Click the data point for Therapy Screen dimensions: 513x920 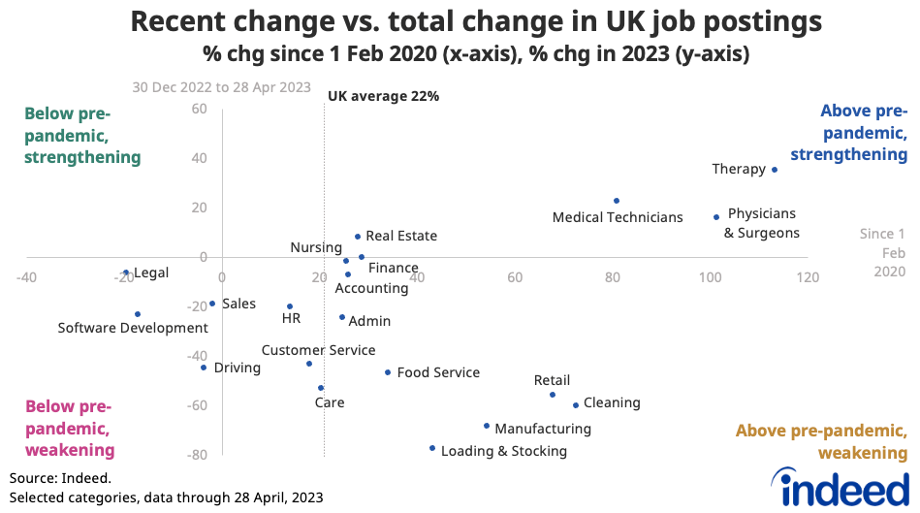[x=774, y=170]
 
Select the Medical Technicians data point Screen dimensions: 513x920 [x=616, y=201]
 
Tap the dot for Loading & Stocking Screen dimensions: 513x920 [x=432, y=448]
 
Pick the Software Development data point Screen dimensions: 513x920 [x=138, y=314]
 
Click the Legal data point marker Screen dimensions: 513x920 [x=126, y=273]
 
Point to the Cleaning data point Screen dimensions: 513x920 [x=576, y=405]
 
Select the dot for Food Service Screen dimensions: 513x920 [x=388, y=372]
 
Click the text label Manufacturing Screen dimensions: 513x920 [x=543, y=429]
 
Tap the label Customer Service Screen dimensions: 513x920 [x=318, y=351]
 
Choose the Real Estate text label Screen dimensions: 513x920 [x=401, y=236]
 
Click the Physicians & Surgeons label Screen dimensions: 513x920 [x=762, y=223]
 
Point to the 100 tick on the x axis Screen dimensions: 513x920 [x=710, y=277]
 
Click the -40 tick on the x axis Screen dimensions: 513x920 [x=26, y=277]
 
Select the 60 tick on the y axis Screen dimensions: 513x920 [x=200, y=109]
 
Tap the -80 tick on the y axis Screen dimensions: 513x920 [x=198, y=455]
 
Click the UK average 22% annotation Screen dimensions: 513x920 [x=384, y=96]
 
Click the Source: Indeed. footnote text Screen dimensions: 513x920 [x=60, y=478]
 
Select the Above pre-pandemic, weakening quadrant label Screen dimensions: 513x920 [x=821, y=442]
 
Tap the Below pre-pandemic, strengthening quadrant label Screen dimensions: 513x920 [x=82, y=136]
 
